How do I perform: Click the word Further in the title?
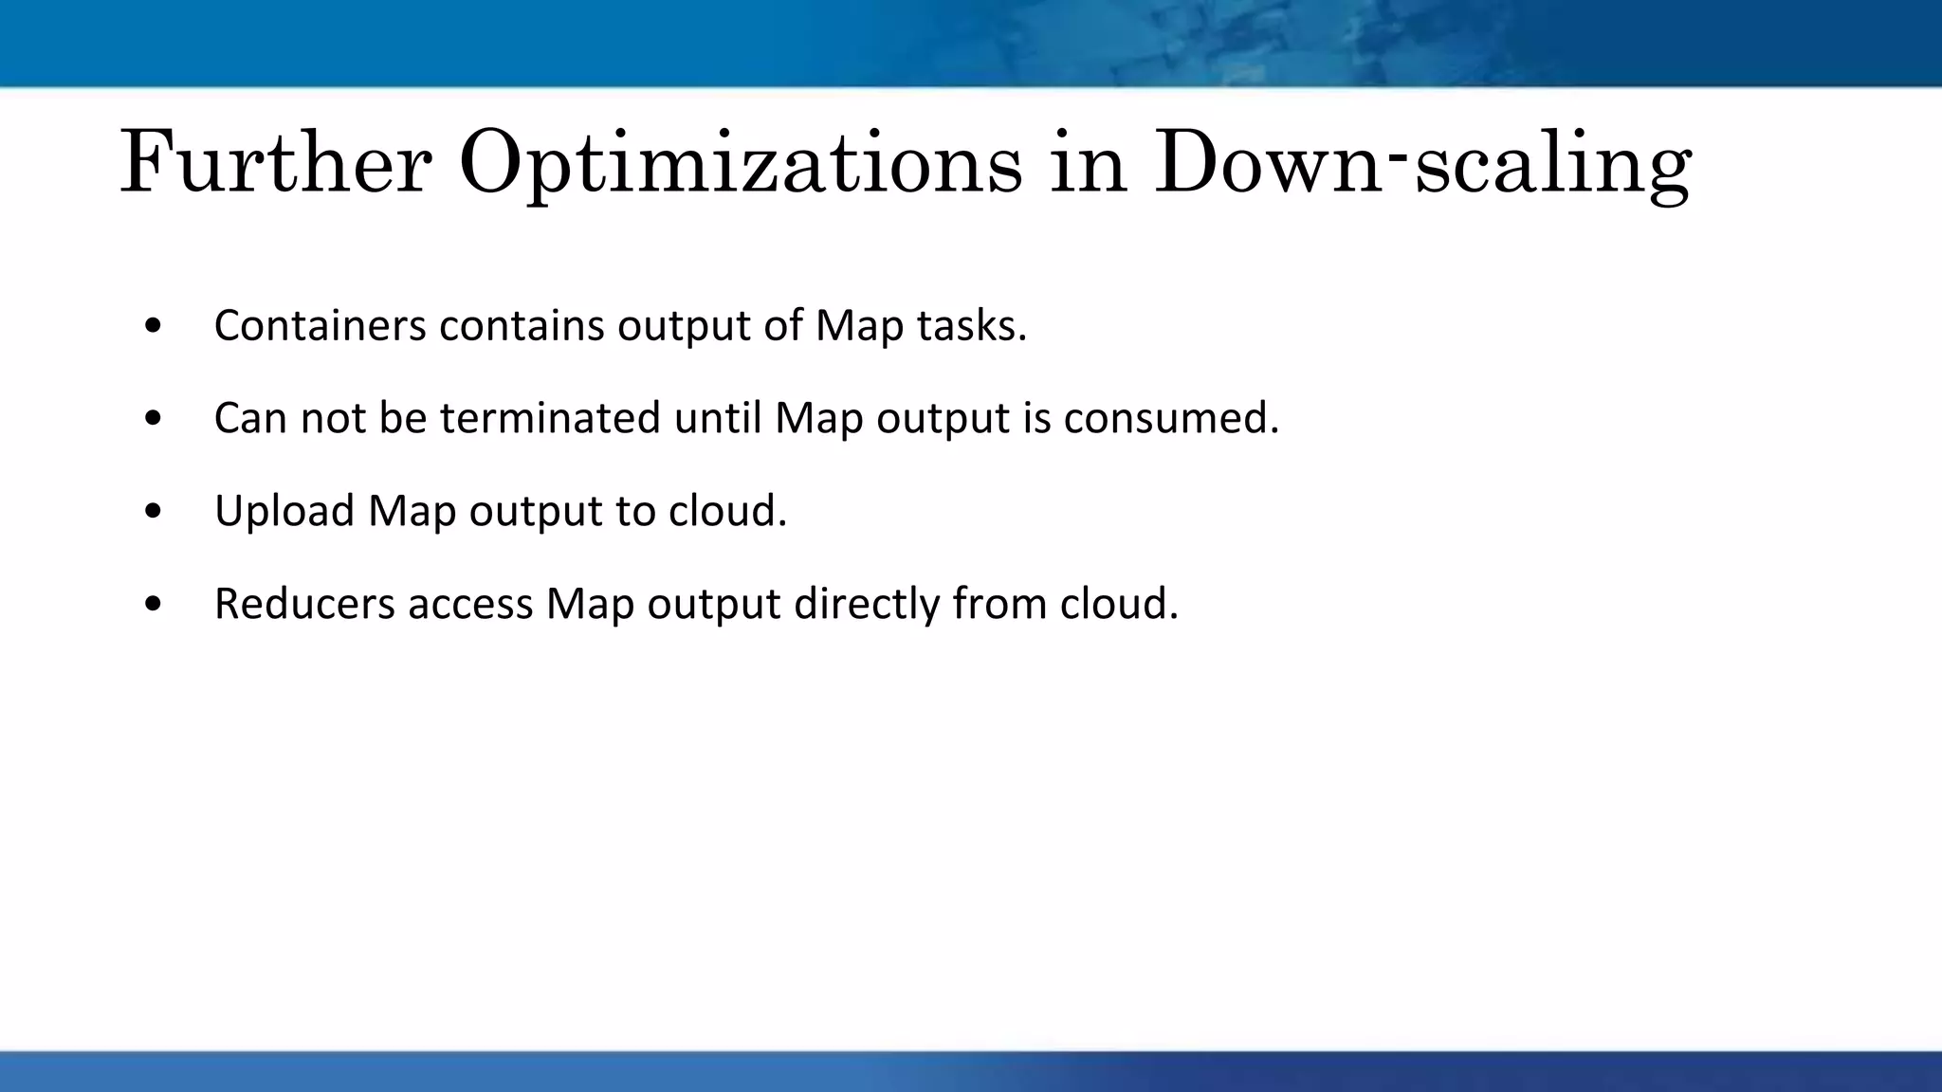tap(275, 163)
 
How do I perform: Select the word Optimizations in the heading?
tap(741, 163)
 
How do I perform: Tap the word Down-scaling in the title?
tap(1422, 163)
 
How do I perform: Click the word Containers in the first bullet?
tap(320, 325)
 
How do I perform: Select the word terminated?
tap(550, 418)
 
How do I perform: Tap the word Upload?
tap(284, 511)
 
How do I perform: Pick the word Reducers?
tap(304, 604)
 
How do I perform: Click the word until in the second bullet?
tap(718, 418)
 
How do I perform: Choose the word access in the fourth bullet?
tap(470, 604)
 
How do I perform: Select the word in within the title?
tap(1088, 163)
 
